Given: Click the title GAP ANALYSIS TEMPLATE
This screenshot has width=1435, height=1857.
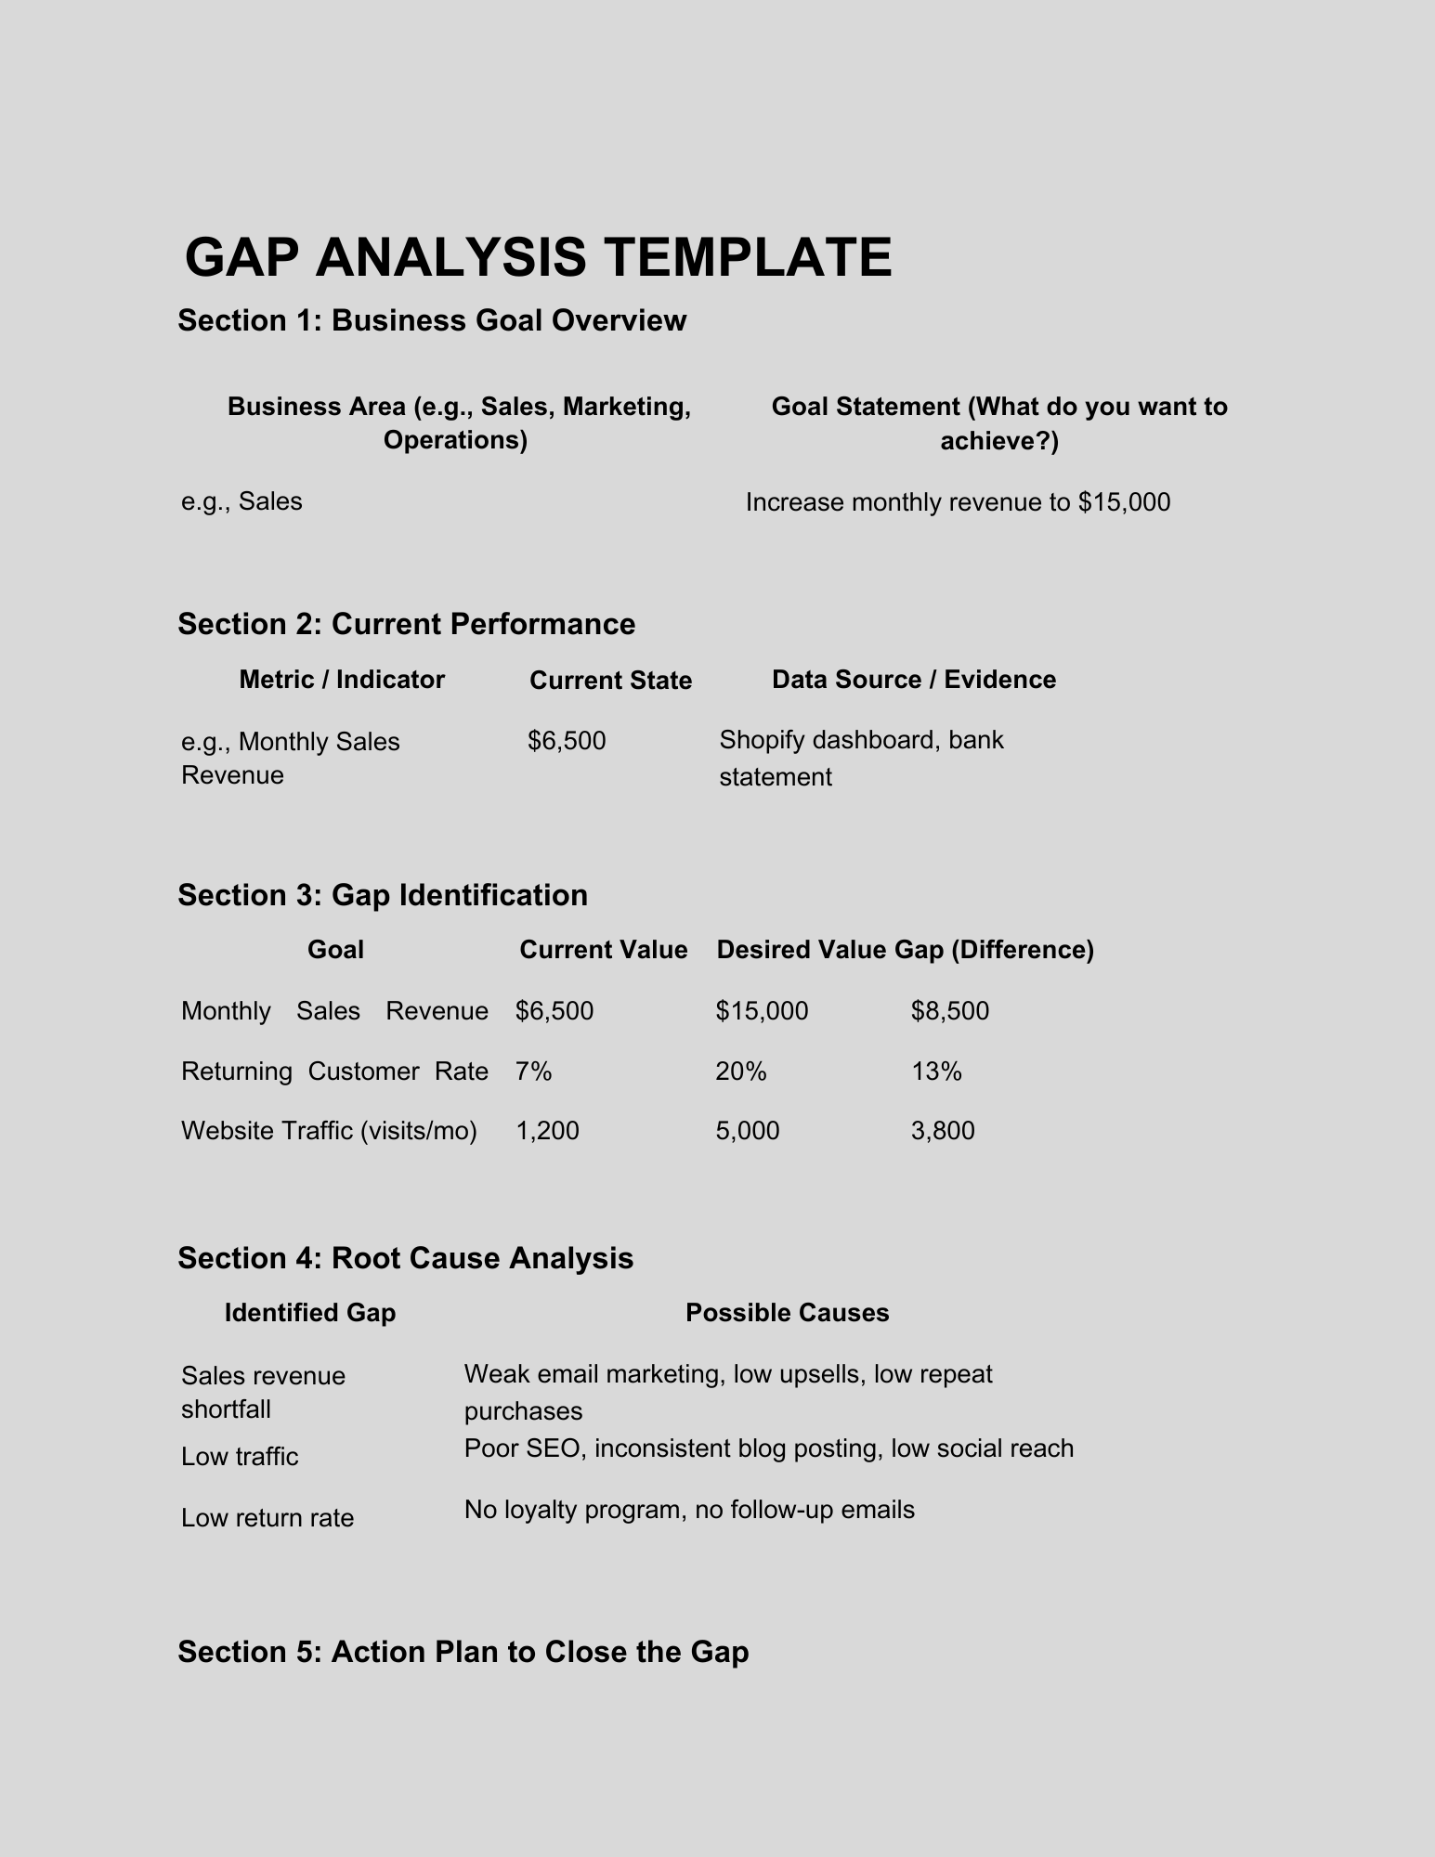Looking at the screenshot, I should click(538, 257).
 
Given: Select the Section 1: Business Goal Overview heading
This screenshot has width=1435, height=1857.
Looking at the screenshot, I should click(432, 320).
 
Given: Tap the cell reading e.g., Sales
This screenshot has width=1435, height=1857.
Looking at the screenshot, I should click(241, 501).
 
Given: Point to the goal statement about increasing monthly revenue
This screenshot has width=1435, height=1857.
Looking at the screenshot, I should click(958, 502).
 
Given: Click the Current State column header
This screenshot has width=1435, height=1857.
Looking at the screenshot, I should click(610, 681).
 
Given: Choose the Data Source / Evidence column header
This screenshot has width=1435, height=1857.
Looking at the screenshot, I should click(914, 680).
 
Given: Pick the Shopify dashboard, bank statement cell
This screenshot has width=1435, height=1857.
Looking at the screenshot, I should click(861, 758).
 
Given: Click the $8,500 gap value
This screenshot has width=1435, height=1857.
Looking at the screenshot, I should click(950, 1010).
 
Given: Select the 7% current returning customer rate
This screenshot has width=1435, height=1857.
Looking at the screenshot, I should click(533, 1071).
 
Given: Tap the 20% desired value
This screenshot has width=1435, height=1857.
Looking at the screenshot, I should click(741, 1071).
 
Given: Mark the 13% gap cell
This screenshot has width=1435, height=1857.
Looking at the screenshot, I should click(936, 1071).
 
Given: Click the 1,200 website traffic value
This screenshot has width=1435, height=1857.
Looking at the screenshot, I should click(547, 1131).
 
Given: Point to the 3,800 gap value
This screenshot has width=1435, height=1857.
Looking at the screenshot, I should click(943, 1131).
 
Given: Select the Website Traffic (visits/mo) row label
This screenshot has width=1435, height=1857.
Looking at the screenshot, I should click(329, 1131).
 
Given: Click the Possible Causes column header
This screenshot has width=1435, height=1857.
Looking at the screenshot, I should click(787, 1313).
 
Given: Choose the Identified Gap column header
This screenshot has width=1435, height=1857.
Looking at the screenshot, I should click(310, 1313).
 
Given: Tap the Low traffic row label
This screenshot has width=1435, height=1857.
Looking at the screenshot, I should click(240, 1456).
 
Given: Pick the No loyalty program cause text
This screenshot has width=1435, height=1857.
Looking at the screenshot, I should click(689, 1510).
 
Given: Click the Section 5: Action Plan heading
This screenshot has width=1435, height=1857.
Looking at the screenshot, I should click(463, 1652).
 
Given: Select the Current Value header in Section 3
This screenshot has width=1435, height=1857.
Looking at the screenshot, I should click(603, 950).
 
